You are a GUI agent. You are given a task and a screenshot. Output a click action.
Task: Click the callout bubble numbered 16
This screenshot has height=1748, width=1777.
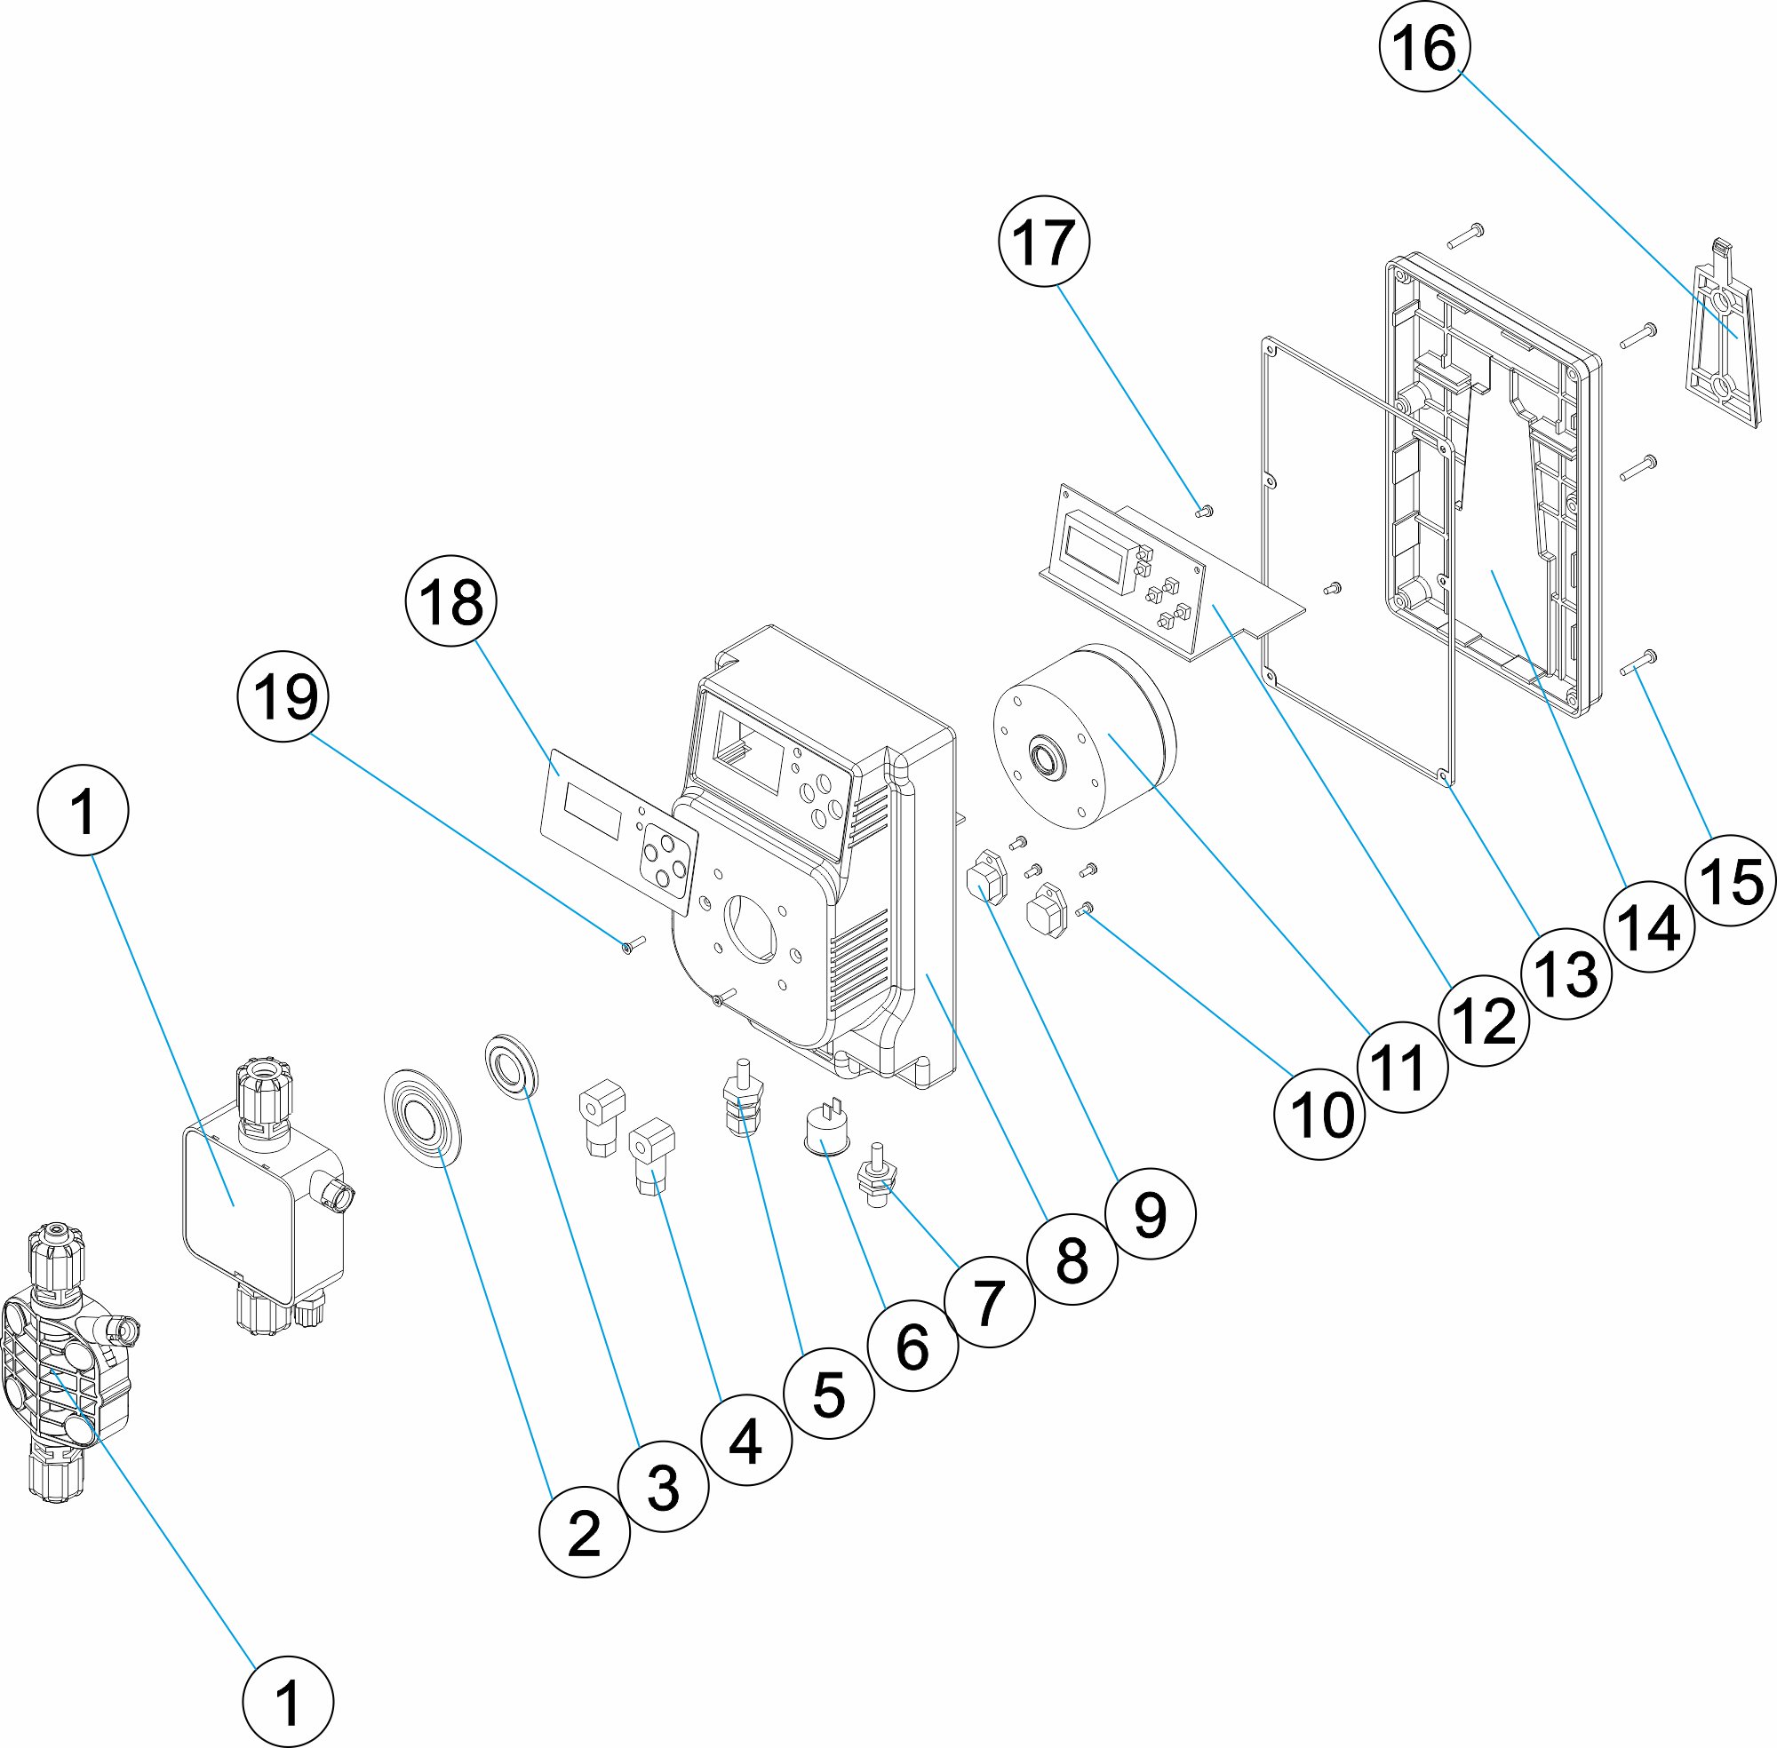pyautogui.click(x=1424, y=47)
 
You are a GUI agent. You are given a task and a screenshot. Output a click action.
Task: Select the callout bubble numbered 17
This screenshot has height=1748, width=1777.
pyautogui.click(x=1043, y=242)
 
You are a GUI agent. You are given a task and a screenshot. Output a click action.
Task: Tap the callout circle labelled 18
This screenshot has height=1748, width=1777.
pyautogui.click(x=450, y=602)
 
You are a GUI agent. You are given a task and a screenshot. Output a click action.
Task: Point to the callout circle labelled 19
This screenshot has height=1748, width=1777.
pyautogui.click(x=283, y=695)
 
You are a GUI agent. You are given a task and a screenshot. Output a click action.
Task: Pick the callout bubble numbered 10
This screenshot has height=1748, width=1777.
pyautogui.click(x=1319, y=1115)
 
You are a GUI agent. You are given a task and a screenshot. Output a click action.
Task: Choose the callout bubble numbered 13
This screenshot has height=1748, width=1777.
pyautogui.click(x=1566, y=973)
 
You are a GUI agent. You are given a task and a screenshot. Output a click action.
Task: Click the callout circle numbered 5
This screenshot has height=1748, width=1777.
pyautogui.click(x=829, y=1394)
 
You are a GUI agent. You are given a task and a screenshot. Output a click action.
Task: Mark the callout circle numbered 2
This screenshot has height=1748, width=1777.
pyautogui.click(x=584, y=1532)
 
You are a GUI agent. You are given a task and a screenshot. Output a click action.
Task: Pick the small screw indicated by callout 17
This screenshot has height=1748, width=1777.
pyautogui.click(x=1206, y=511)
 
